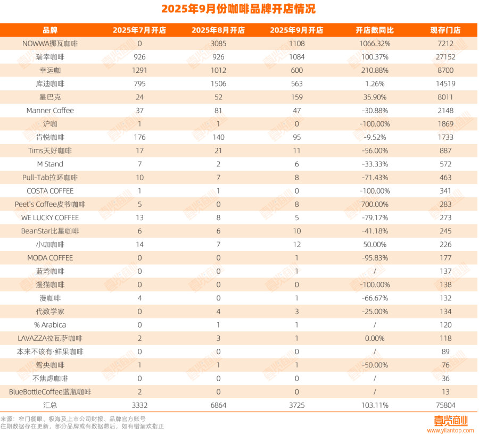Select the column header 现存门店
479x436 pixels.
tap(445, 30)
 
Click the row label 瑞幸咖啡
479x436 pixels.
tap(50, 57)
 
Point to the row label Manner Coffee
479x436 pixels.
tap(50, 111)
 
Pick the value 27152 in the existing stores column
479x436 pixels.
tap(445, 57)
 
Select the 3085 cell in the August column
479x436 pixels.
tap(218, 44)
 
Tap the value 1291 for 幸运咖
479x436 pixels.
tap(139, 70)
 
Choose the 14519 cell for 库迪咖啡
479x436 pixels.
tap(445, 83)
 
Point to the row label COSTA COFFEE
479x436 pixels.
tap(50, 191)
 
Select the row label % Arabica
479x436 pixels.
tap(50, 325)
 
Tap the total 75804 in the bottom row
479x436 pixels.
tap(445, 405)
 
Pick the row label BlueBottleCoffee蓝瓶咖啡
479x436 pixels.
tap(50, 392)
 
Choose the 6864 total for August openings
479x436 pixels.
tap(218, 405)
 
